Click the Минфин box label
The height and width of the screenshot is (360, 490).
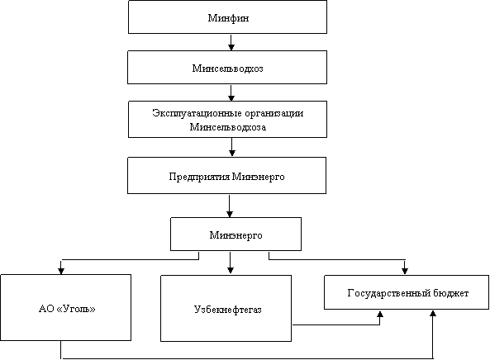click(228, 18)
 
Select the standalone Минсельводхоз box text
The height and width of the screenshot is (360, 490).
click(227, 69)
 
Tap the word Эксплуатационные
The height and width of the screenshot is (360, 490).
click(197, 113)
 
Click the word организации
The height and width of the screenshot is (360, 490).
click(274, 113)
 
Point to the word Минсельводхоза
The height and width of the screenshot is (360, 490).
click(228, 127)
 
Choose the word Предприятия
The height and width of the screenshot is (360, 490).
click(199, 177)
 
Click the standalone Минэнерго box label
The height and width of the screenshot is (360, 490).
click(235, 235)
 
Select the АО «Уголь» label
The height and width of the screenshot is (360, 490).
click(67, 309)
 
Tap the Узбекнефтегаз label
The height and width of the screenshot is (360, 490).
click(227, 310)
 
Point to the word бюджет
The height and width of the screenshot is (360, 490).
click(451, 293)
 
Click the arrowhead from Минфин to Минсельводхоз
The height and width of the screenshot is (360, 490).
click(231, 47)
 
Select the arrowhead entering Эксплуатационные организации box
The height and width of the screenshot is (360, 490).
click(231, 97)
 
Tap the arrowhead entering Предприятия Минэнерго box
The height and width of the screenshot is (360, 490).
click(232, 154)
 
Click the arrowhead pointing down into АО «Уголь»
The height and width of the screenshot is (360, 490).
click(61, 271)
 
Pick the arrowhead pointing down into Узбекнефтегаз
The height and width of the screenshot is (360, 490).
click(231, 271)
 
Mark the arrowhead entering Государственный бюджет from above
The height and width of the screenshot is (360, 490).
click(405, 271)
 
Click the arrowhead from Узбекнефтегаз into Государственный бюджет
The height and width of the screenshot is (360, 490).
click(380, 314)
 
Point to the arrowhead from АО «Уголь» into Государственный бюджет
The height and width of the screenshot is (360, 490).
click(433, 314)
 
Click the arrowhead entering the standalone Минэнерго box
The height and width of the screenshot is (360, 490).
click(230, 214)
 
